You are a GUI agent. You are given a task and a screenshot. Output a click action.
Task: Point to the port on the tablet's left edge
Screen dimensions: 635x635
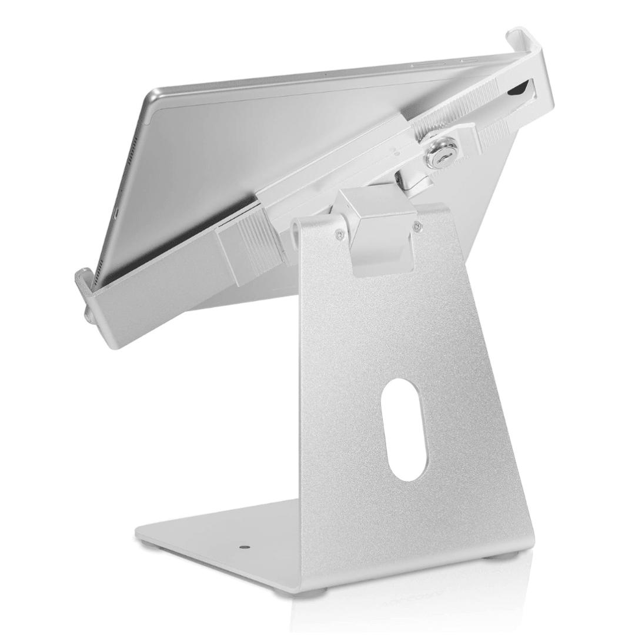(116, 210)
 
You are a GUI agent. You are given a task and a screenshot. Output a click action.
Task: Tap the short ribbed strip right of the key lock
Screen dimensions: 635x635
(494, 135)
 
